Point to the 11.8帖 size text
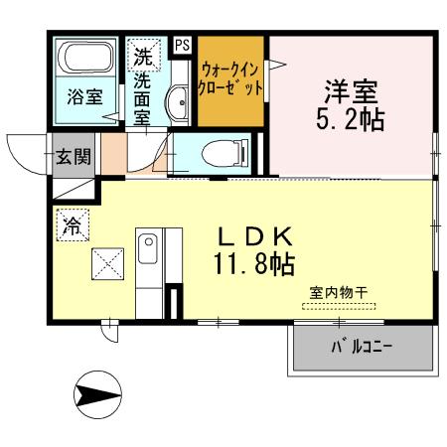point(254,265)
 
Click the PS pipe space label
point(182,45)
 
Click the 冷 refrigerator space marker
point(73,224)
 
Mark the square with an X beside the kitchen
point(107,265)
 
